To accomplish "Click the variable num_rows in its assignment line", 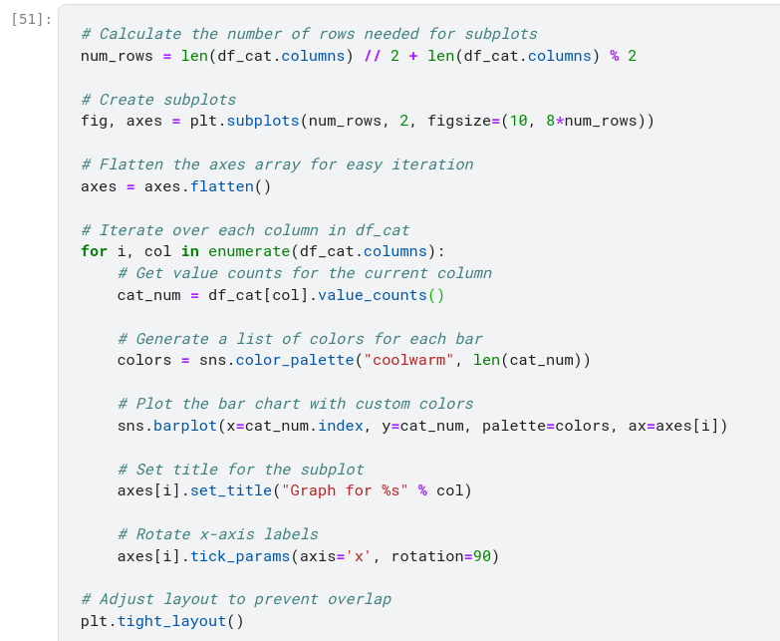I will coord(117,56).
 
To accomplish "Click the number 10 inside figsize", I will coord(518,121).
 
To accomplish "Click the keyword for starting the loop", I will coord(94,251).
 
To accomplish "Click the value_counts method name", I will coord(372,295).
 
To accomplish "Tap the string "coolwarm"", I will coord(408,360).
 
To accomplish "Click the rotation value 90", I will coord(481,556).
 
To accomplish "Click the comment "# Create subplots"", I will coord(158,100).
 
